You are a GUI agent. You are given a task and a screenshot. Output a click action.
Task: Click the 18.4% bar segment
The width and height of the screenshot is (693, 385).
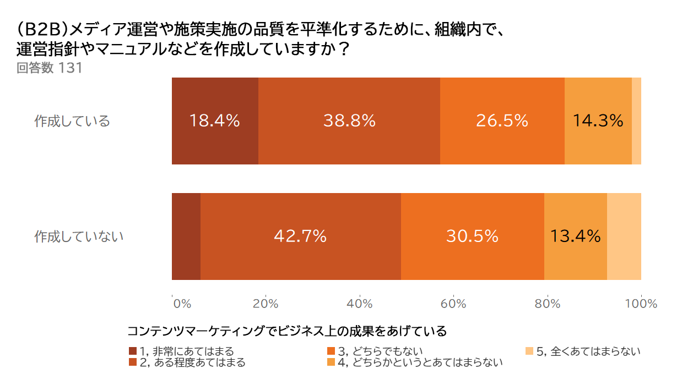point(215,121)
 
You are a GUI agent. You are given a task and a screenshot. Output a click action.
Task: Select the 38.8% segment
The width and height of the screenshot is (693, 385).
point(349,121)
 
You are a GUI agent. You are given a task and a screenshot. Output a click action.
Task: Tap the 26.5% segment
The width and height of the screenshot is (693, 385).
point(502,121)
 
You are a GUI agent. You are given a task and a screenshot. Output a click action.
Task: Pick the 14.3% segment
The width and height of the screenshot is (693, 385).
point(598,121)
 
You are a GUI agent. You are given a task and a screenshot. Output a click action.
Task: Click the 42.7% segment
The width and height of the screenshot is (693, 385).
point(300,237)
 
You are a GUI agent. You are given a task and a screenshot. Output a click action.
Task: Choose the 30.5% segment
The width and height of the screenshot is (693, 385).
point(472,237)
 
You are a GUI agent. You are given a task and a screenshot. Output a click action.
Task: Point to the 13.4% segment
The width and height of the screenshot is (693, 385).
point(575,237)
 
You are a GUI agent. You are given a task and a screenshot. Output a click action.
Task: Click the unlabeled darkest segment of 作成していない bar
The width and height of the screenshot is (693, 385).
point(186,237)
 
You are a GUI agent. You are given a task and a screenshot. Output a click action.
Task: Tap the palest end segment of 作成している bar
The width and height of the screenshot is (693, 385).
point(636,121)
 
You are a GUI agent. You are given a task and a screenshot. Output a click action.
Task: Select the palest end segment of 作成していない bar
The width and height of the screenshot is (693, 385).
point(624,237)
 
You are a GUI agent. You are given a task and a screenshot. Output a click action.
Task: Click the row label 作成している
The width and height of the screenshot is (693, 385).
point(72,121)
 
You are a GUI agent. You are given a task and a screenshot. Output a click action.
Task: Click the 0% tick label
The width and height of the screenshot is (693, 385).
point(181,304)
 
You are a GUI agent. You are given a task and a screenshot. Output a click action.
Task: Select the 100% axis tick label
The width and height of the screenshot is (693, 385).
point(641,304)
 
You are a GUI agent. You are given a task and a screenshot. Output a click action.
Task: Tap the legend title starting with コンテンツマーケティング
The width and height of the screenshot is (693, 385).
point(286,332)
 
